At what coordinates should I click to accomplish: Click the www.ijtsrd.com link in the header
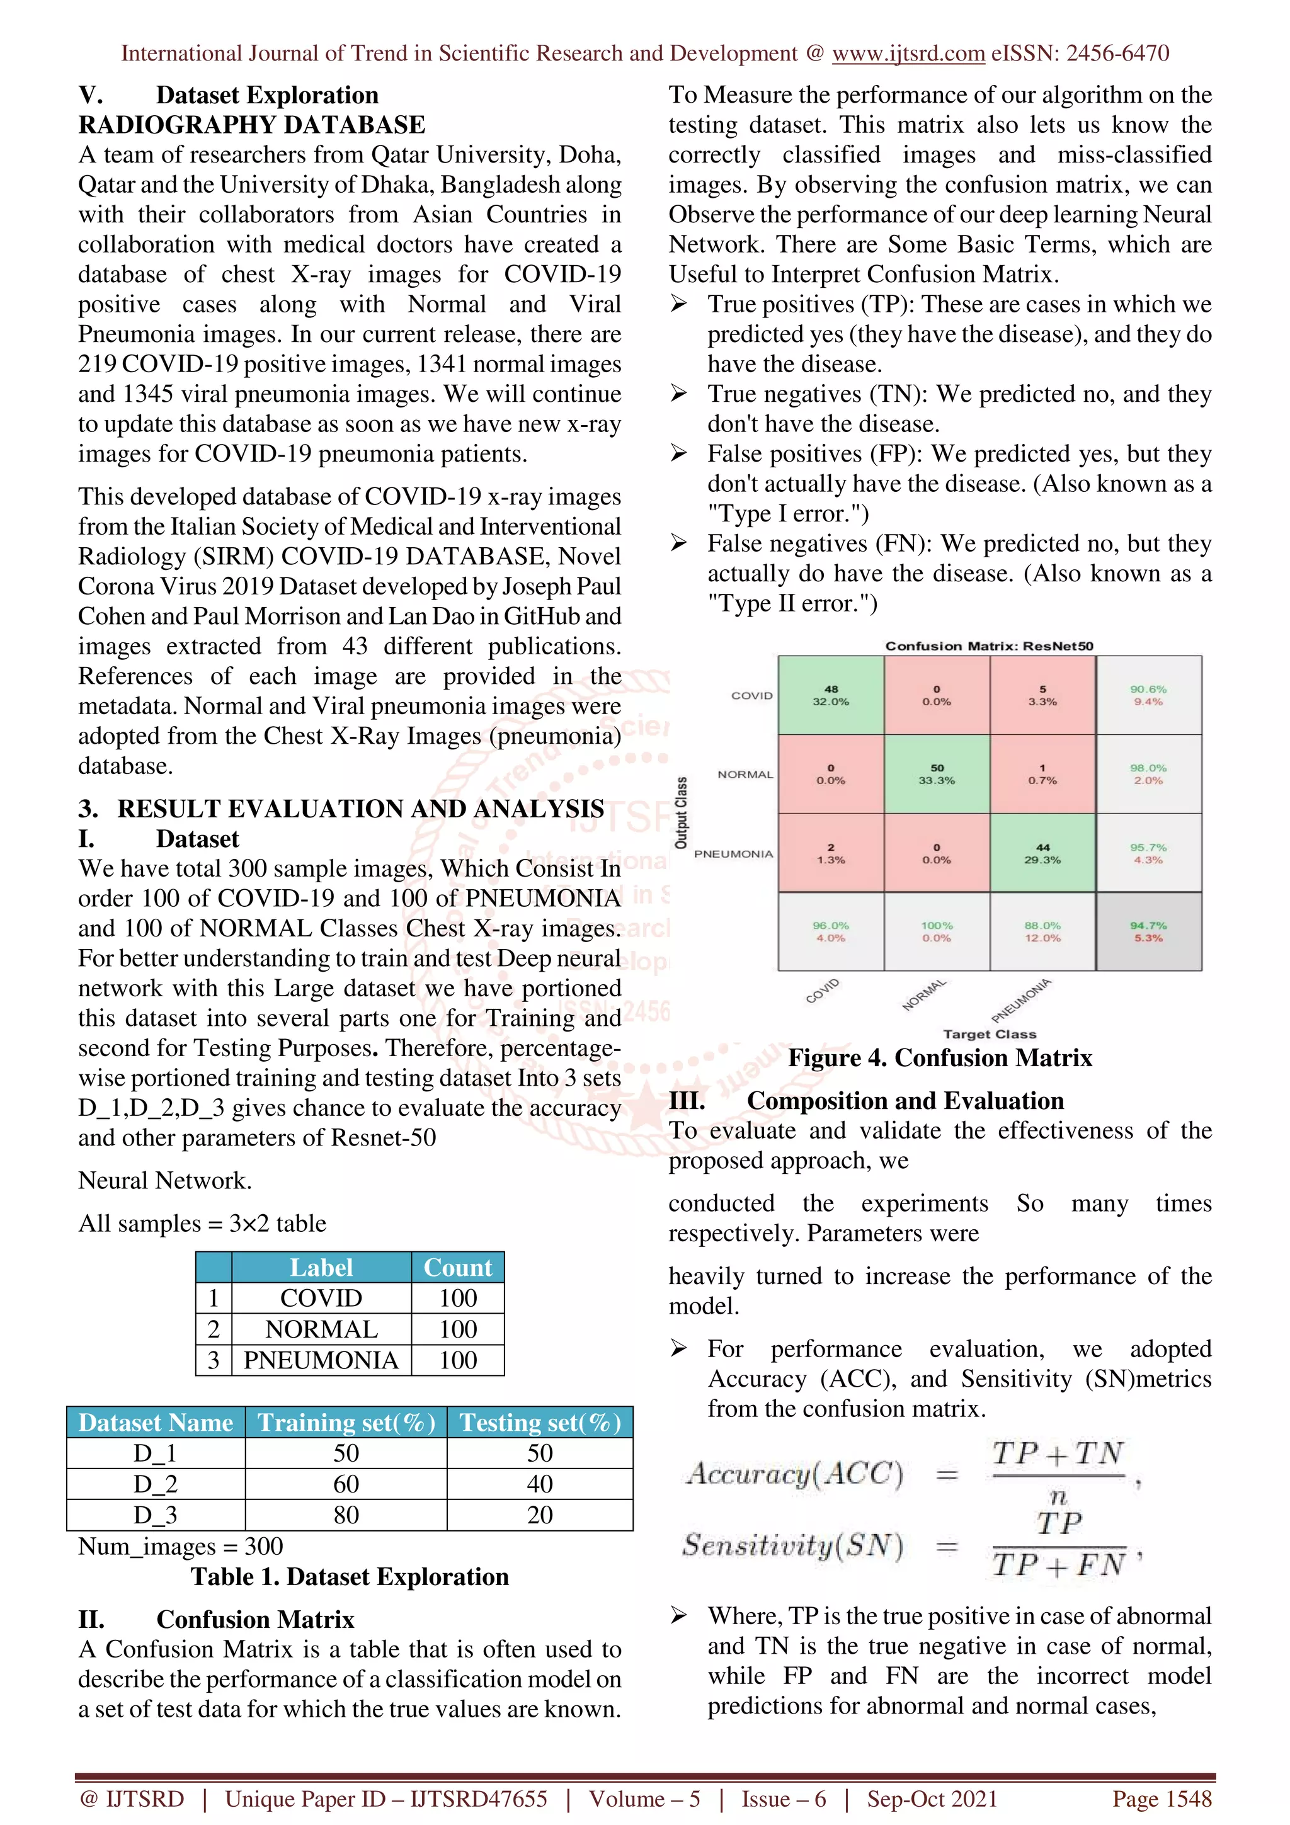908,54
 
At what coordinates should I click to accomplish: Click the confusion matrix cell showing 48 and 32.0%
831,695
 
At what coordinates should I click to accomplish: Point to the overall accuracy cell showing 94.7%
1148,931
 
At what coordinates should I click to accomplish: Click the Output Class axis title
681,813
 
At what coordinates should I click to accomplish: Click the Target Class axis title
989,1034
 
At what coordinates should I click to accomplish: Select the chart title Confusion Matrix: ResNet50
989,646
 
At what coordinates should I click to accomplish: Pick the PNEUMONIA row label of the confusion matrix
733,854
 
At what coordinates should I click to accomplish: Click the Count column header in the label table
458,1268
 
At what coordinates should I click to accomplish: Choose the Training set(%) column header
346,1422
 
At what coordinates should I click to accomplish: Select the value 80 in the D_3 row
346,1515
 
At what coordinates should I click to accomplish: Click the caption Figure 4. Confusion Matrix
940,1058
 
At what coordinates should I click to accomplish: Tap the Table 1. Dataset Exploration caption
350,1577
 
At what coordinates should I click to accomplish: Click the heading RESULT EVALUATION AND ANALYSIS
360,809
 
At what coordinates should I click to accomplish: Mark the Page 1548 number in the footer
1162,1799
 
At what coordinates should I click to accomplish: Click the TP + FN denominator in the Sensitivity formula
1059,1564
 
